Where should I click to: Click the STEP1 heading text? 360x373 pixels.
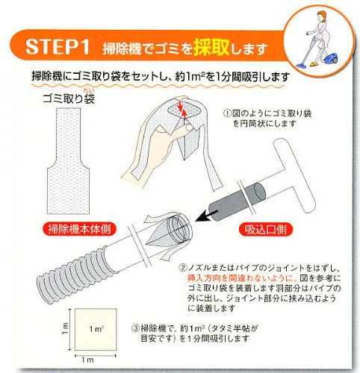click(x=58, y=46)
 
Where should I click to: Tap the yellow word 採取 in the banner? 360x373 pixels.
click(x=211, y=47)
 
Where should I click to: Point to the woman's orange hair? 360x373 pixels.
click(x=321, y=14)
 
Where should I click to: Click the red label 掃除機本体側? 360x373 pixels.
click(x=79, y=229)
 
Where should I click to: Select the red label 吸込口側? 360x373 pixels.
click(x=266, y=230)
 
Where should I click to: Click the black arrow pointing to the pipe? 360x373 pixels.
click(x=207, y=216)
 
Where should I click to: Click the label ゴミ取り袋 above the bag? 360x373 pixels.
click(x=69, y=98)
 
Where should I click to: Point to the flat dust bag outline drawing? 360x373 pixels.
click(x=68, y=161)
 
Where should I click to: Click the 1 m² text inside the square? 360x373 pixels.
click(x=96, y=329)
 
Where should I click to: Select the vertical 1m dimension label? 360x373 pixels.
click(x=65, y=329)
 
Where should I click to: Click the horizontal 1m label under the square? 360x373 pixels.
click(x=87, y=360)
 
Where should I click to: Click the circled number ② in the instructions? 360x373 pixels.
click(x=182, y=268)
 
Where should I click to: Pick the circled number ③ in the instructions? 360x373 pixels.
click(x=135, y=328)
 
